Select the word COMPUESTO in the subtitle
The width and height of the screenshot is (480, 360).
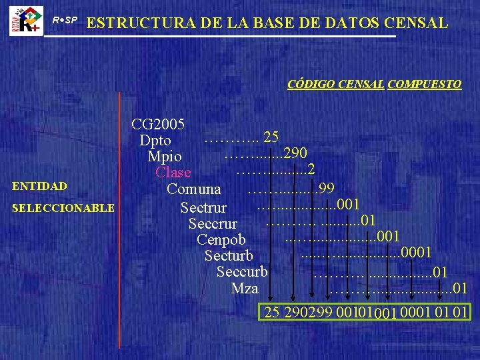pyautogui.click(x=424, y=85)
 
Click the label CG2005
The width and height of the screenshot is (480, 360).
pyautogui.click(x=159, y=124)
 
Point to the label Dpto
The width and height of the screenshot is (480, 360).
pyautogui.click(x=155, y=141)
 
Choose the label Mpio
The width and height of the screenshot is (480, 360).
pyautogui.click(x=165, y=157)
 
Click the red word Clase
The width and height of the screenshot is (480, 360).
pyautogui.click(x=173, y=173)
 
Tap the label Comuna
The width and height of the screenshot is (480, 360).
pyautogui.click(x=194, y=189)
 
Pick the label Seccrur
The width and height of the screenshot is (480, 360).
pyautogui.click(x=213, y=223)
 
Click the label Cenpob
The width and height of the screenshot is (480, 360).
pyautogui.click(x=221, y=239)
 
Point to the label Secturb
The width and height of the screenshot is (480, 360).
pyautogui.click(x=229, y=255)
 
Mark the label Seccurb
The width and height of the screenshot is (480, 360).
pyautogui.click(x=242, y=271)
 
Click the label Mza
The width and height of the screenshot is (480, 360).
pyautogui.click(x=245, y=288)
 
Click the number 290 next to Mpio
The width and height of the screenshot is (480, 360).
pyautogui.click(x=294, y=154)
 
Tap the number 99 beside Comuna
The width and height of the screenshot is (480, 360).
pyautogui.click(x=327, y=188)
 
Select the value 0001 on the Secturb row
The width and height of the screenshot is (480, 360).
pyautogui.click(x=419, y=253)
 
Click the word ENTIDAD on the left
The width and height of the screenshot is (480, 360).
pyautogui.click(x=38, y=186)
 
